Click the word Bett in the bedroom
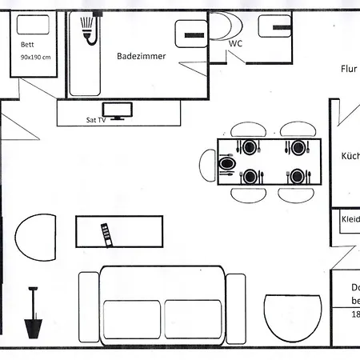29,46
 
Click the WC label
235,44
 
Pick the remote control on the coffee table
105,234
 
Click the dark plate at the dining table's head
227,162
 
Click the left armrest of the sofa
89,307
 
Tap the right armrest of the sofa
236,307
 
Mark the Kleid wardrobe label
350,218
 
